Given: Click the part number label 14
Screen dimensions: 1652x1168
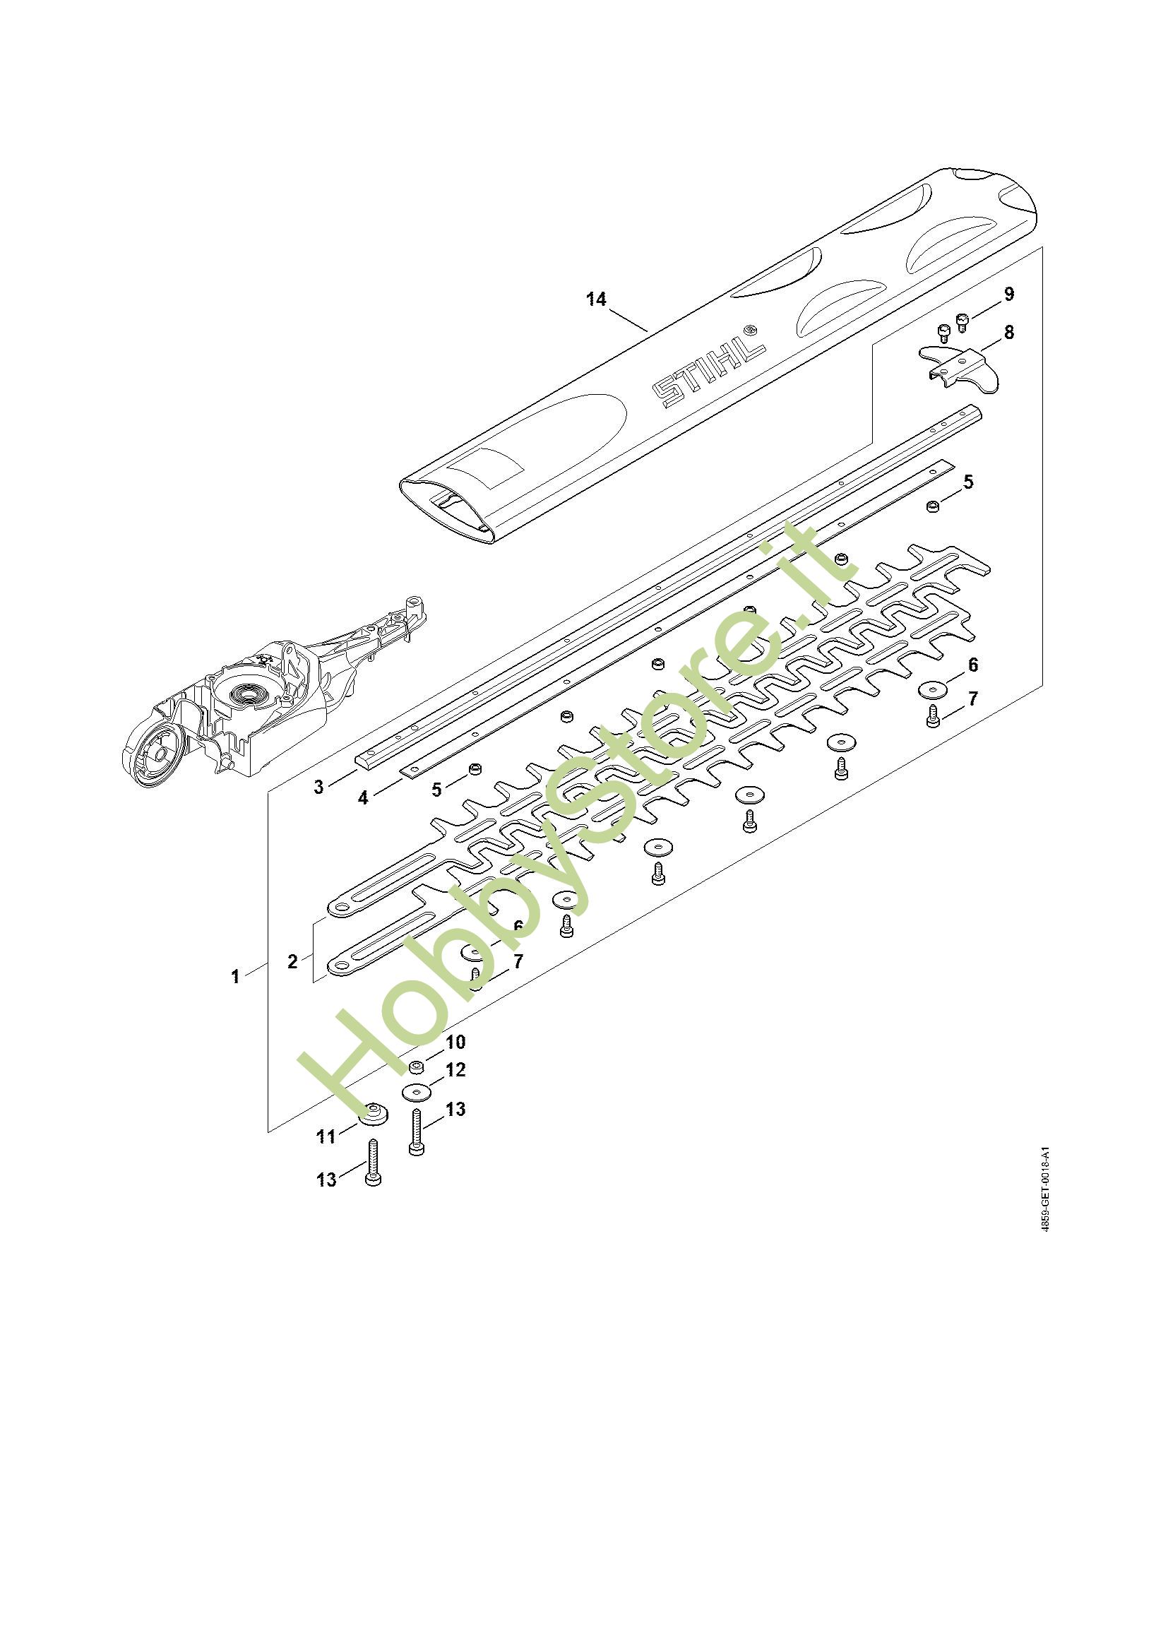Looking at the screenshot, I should tap(596, 299).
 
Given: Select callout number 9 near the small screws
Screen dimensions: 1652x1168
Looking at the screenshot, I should tap(1008, 294).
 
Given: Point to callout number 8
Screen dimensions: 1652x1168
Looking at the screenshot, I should tap(1008, 333).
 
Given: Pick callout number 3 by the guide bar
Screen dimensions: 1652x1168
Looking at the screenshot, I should tap(318, 786).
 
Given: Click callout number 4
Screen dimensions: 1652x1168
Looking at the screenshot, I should tap(363, 797).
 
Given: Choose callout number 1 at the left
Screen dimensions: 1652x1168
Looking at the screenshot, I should tap(235, 976).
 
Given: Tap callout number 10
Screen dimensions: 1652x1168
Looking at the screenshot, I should tap(455, 1042).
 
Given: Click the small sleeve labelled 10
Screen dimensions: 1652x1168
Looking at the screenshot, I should tap(416, 1065).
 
